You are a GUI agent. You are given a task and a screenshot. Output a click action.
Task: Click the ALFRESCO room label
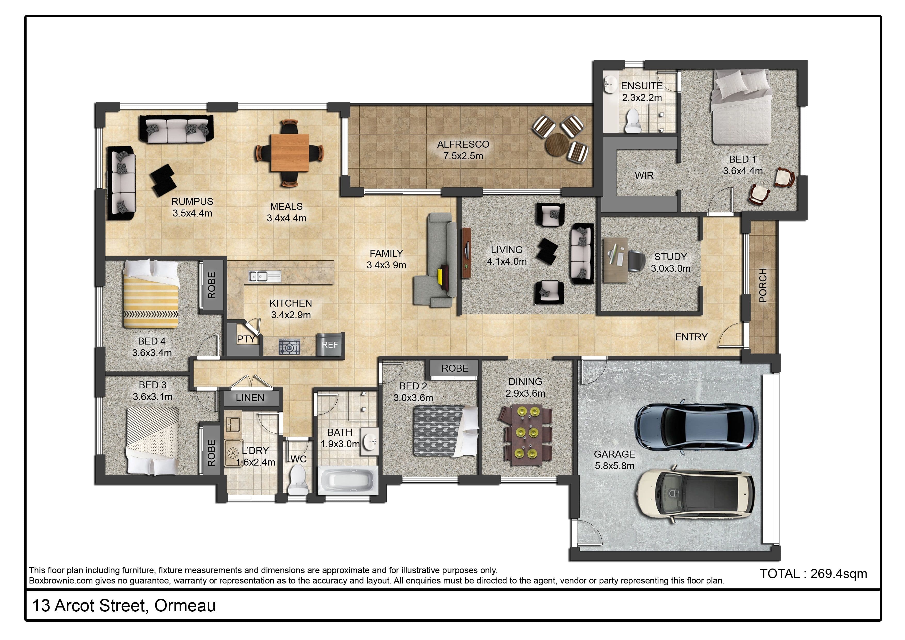tap(463, 144)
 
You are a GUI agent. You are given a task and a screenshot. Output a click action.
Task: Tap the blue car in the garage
tap(696, 427)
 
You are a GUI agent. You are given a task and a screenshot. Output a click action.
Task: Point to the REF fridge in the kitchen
tap(330, 345)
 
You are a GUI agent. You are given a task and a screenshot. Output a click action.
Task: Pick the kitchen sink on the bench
tap(264, 276)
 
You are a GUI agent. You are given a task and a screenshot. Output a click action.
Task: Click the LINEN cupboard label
tap(250, 398)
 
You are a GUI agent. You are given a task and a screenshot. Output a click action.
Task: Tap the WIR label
tap(644, 175)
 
